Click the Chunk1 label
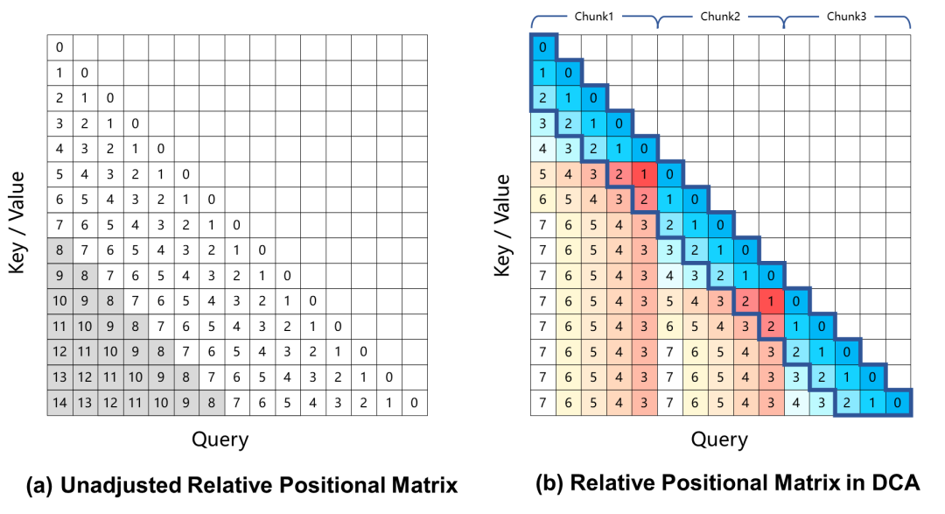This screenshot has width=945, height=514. [593, 17]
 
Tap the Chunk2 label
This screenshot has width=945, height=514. [720, 17]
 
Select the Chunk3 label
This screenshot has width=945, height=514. [846, 17]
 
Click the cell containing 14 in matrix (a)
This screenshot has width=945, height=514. [59, 403]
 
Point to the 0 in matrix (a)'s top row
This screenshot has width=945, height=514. [59, 47]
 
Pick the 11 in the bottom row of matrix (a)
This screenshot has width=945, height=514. [135, 403]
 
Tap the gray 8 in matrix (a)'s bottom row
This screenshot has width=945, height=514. [211, 403]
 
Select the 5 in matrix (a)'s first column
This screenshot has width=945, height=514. [59, 174]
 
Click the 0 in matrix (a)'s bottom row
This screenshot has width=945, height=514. [414, 403]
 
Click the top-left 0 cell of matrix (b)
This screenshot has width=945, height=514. [542, 47]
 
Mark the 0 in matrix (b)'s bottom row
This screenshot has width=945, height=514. [898, 403]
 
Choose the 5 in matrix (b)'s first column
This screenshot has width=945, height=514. [542, 174]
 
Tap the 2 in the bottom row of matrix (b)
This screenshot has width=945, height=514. [847, 403]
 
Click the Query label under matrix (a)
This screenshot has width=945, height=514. [220, 440]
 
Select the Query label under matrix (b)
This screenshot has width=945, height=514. [720, 440]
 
